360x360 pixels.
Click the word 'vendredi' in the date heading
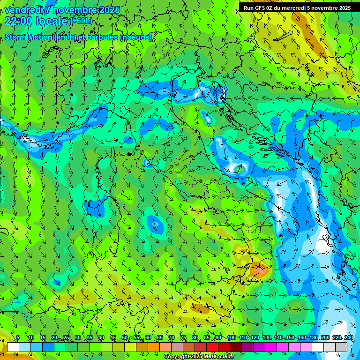[23, 10]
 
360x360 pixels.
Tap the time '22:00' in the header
[18, 21]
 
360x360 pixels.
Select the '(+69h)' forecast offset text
[81, 21]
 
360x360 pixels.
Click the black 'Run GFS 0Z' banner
[297, 8]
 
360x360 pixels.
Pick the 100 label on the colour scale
[231, 337]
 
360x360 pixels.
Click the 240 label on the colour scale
[349, 337]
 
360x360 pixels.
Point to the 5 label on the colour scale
[18, 337]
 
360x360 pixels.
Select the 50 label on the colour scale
[124, 337]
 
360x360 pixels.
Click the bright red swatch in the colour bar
[212, 347]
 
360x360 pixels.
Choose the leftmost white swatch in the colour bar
[13, 347]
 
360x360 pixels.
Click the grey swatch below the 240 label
[341, 347]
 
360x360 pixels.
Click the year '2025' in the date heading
[107, 10]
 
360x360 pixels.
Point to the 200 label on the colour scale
[325, 337]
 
